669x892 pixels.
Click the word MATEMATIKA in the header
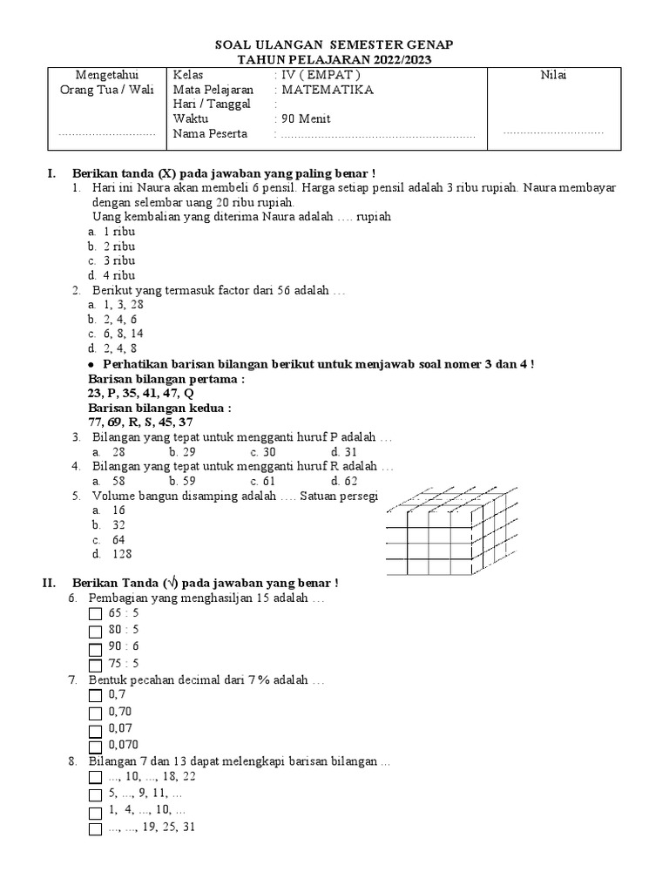[328, 90]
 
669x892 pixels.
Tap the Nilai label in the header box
[553, 75]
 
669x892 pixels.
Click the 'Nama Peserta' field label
[210, 134]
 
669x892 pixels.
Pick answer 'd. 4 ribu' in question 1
[111, 275]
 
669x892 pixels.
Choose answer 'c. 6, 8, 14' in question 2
[116, 334]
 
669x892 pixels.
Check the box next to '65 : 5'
[96, 614]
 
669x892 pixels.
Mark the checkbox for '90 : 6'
[96, 648]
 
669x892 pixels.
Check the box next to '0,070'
[96, 746]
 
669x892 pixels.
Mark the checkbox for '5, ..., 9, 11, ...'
[96, 794]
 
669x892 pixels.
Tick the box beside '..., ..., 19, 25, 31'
[96, 828]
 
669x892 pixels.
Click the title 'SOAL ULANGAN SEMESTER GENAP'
[334, 44]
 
